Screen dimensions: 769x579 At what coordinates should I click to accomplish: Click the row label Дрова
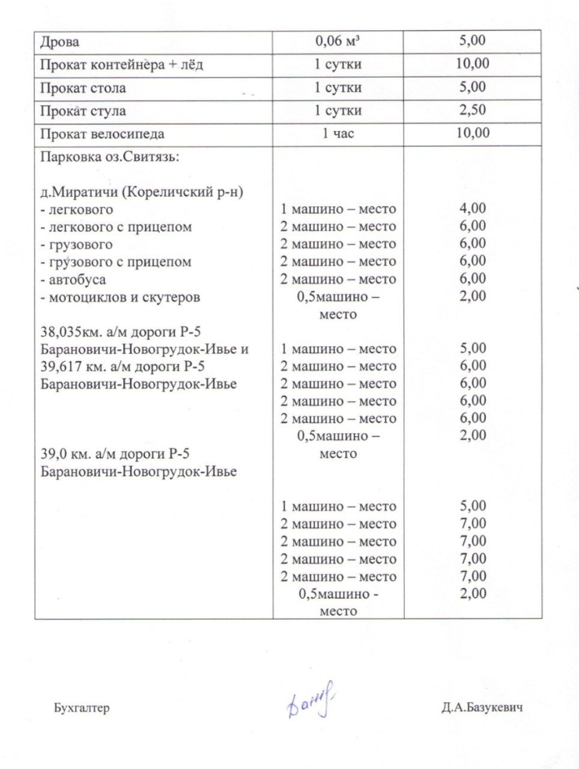59,43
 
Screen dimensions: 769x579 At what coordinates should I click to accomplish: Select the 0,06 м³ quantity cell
338,41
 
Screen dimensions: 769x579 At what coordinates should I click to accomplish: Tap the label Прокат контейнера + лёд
121,65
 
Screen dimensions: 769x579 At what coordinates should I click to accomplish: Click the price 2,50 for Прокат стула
473,110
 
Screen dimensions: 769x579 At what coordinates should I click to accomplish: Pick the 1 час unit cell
338,133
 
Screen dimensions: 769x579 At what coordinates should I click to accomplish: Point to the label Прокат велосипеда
102,133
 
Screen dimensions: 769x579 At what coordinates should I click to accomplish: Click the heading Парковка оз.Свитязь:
110,157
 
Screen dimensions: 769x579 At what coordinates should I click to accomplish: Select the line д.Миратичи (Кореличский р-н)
141,193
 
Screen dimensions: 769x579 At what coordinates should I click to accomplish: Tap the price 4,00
473,208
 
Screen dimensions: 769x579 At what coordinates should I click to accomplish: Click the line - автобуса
73,279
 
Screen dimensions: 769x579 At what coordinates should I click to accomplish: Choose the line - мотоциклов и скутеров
120,297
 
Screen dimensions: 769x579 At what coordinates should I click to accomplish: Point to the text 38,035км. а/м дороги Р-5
123,332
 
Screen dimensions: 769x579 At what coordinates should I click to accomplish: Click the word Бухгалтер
82,708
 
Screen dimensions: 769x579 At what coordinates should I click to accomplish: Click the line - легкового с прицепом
116,227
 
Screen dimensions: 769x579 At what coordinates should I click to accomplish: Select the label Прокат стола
83,88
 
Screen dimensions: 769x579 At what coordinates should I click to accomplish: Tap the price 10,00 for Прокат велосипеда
473,133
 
